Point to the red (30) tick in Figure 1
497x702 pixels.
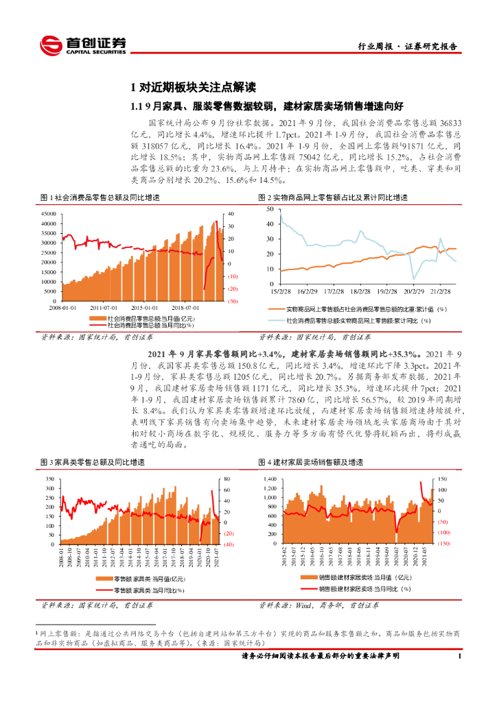[x=233, y=301]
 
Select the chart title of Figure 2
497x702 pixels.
[x=333, y=197]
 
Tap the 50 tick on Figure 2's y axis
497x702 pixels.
[x=269, y=207]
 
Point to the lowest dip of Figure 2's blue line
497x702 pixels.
[x=414, y=278]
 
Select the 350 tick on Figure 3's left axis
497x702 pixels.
[x=49, y=479]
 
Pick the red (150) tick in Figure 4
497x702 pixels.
[x=443, y=544]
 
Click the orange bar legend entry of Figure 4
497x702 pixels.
[x=357, y=578]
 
